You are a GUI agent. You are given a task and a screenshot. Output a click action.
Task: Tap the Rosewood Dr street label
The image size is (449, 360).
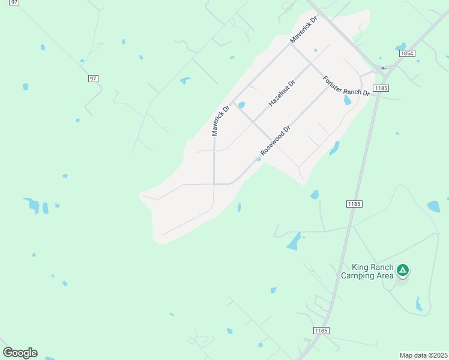pos(276,140)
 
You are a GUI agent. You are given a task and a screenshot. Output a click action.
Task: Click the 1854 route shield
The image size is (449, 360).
pos(407,53)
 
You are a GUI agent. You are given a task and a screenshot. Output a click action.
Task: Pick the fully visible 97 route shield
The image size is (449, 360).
pos(92,79)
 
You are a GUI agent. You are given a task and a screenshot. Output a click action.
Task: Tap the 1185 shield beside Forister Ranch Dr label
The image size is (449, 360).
pos(380,89)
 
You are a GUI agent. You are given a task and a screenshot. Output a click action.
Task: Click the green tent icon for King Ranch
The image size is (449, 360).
pos(403,271)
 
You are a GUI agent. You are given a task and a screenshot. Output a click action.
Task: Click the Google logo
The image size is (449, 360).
pos(20,353)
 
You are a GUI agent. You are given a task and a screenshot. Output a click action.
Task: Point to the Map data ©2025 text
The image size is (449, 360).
pos(424,355)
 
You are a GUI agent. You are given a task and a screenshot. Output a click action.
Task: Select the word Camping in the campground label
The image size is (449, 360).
pos(360,276)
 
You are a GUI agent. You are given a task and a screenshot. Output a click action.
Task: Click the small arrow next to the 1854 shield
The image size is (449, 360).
pos(384,68)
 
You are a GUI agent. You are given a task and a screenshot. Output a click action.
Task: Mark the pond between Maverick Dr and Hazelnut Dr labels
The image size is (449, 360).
pos(241,106)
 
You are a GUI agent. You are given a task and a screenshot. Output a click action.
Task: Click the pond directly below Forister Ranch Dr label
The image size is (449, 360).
pos(347,100)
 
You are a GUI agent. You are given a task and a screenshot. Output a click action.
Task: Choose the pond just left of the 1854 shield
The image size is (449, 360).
pos(400,47)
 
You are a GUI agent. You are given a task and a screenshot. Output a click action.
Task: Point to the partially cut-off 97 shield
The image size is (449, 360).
pos(14,2)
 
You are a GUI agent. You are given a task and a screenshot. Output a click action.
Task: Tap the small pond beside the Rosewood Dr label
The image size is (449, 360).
pos(259,159)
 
